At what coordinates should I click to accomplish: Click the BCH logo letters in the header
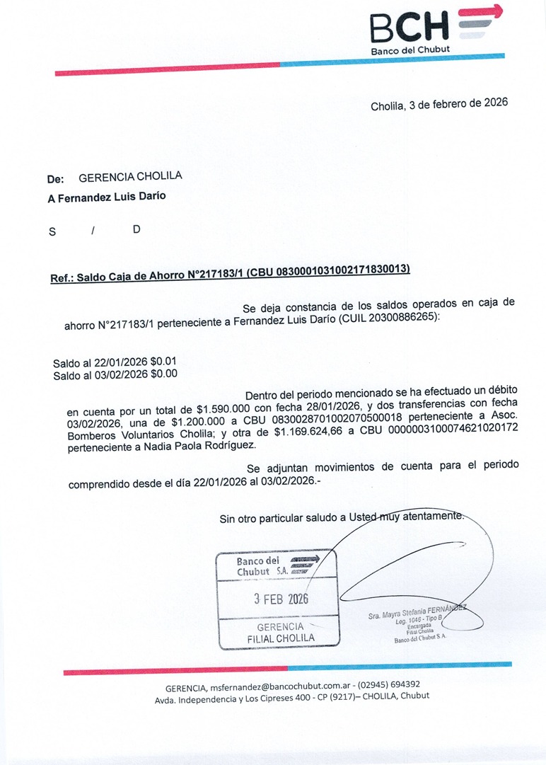[x=409, y=27]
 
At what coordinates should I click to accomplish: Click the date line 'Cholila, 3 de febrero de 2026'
[x=438, y=104]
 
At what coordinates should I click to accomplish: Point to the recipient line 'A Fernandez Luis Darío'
[x=107, y=197]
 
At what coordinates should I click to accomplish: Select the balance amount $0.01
[x=163, y=362]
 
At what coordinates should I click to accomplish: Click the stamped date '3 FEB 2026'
[x=281, y=599]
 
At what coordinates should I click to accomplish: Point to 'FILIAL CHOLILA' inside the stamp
[x=281, y=638]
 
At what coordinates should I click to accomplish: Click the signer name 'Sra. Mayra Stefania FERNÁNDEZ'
[x=417, y=612]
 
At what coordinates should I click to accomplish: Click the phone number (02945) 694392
[x=389, y=684]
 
